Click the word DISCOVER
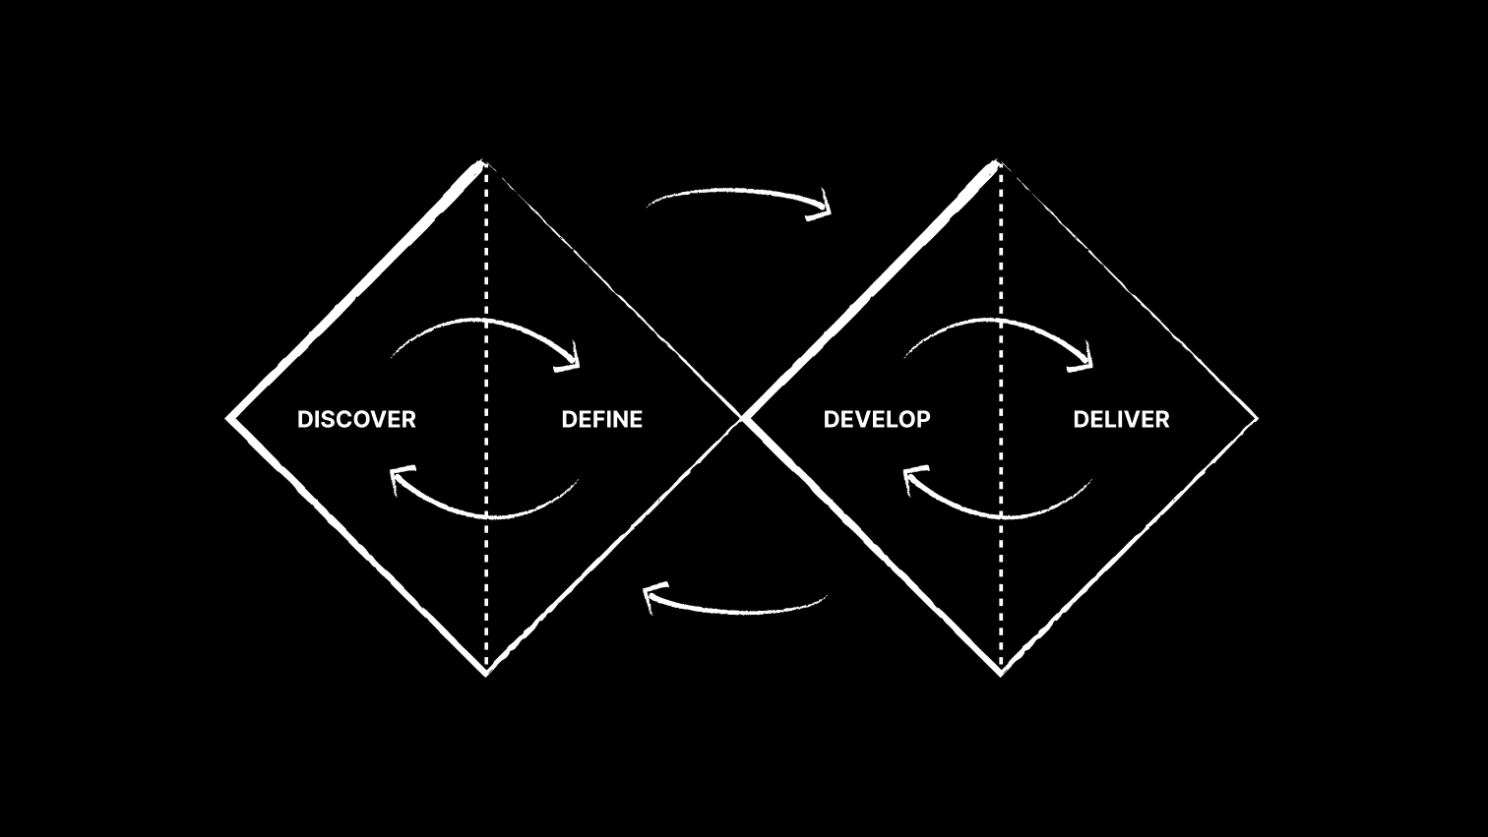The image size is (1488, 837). pos(356,420)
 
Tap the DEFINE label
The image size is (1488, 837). pos(602,420)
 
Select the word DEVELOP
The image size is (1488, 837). pos(877,420)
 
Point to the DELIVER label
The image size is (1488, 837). pos(1121,420)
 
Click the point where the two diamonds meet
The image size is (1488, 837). pos(742,419)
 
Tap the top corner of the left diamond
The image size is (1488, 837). pos(483,161)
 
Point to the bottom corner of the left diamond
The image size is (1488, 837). pos(485,675)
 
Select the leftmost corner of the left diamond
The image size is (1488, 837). pos(227,419)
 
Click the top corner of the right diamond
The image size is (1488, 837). pos(997,161)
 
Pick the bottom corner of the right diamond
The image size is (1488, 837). pos(1001,675)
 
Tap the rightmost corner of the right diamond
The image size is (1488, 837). pos(1258,419)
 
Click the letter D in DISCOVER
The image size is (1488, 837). pos(305,420)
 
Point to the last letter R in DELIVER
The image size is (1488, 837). pos(1162,420)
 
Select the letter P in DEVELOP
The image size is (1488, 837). pos(923,420)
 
